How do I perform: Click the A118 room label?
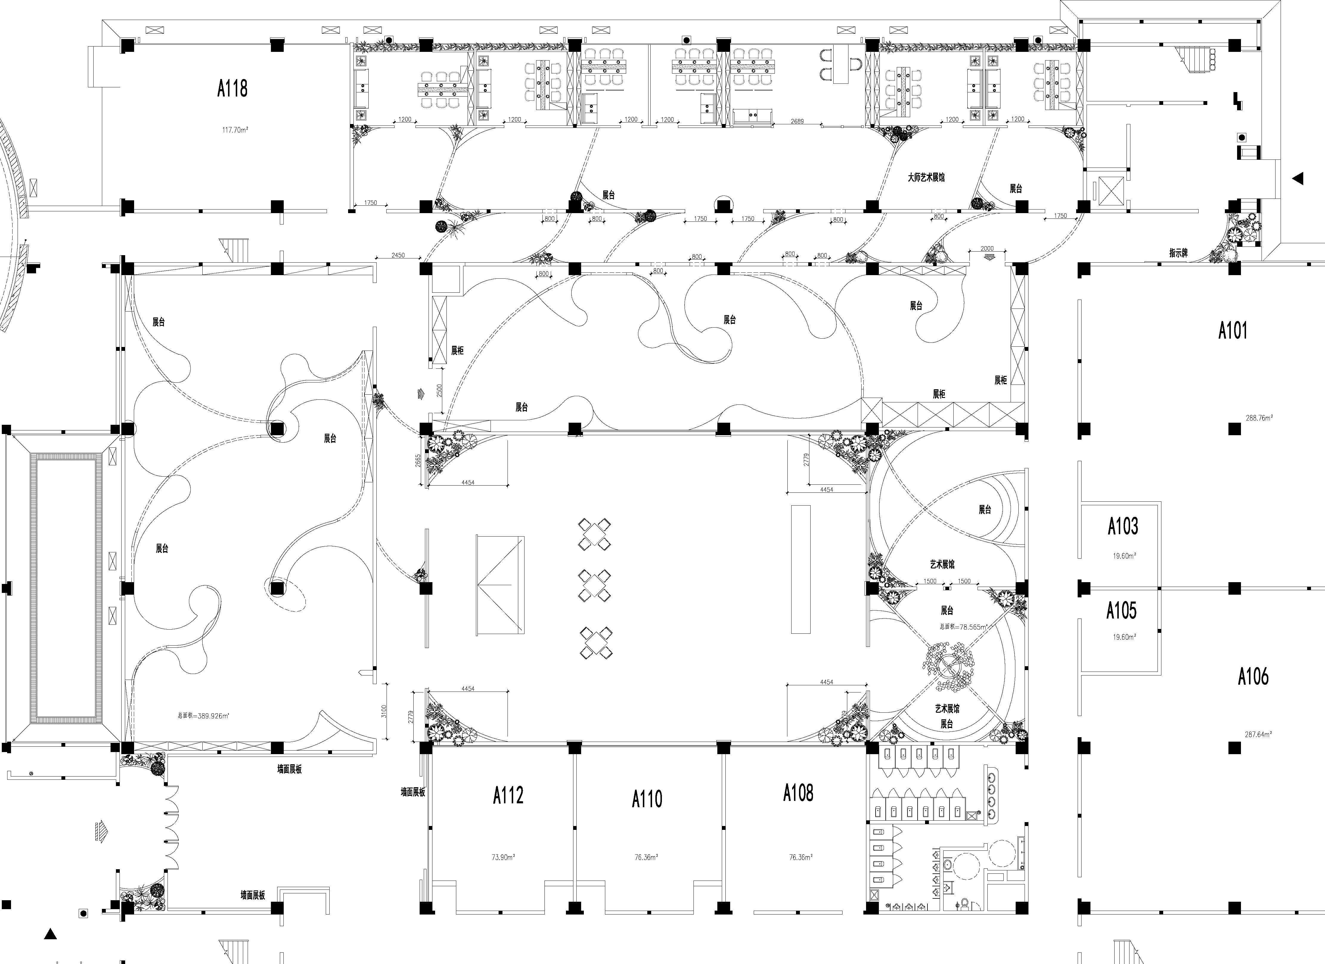click(232, 89)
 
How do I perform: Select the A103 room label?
click(1123, 526)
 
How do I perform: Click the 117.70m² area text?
click(235, 130)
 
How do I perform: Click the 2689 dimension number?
click(797, 122)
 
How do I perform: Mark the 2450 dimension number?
click(398, 255)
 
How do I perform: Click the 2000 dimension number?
click(987, 248)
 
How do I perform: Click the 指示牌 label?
click(1178, 253)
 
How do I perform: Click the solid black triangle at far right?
click(1298, 178)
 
